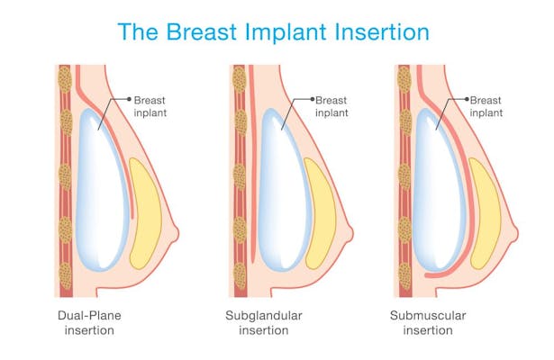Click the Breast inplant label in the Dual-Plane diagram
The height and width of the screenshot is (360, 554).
point(151,106)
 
